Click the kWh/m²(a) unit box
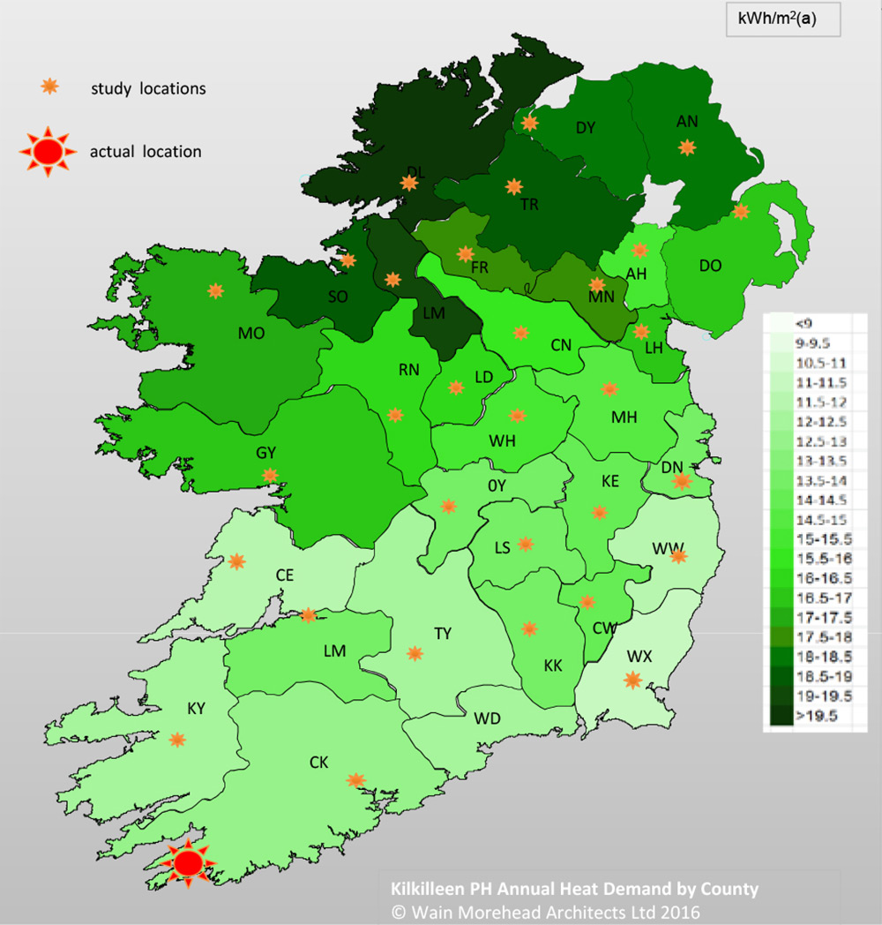(782, 19)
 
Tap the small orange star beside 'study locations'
(51, 86)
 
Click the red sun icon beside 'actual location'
(50, 151)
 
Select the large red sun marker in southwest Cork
(187, 861)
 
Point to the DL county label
(415, 171)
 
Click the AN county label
(687, 122)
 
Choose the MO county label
(250, 333)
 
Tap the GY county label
(265, 453)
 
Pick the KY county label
(196, 710)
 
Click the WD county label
(487, 718)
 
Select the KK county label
(553, 666)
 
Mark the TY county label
(442, 634)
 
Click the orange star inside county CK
(355, 780)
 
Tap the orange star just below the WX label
(632, 680)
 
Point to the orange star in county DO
(740, 211)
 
